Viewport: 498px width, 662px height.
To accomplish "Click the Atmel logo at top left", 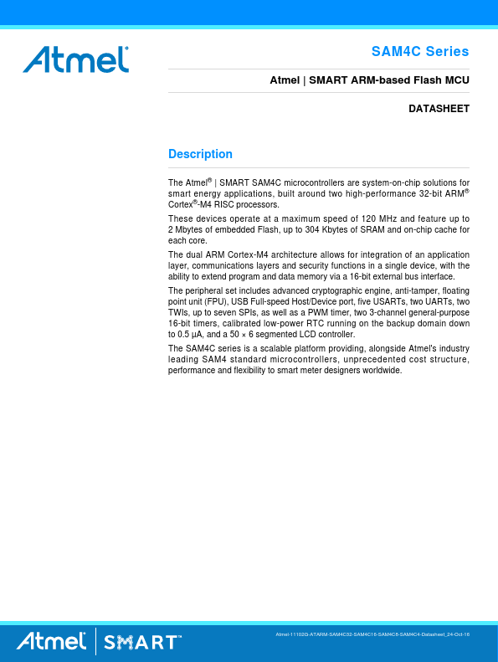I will (x=76, y=59).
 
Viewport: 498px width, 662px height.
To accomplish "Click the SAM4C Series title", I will (x=420, y=52).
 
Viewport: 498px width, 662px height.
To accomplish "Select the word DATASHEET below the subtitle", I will (x=439, y=109).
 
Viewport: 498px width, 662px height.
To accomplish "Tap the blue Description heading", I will (x=200, y=154).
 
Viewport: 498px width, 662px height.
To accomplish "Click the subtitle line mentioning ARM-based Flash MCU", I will (x=369, y=81).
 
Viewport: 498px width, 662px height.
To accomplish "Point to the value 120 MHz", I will (x=368, y=218).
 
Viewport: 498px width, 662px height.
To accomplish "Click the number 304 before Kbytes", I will (x=314, y=229).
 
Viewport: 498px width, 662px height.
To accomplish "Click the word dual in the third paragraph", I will (x=195, y=254).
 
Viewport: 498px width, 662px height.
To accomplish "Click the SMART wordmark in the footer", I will (x=141, y=643).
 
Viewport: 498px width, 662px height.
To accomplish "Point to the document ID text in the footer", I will (x=372, y=636).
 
